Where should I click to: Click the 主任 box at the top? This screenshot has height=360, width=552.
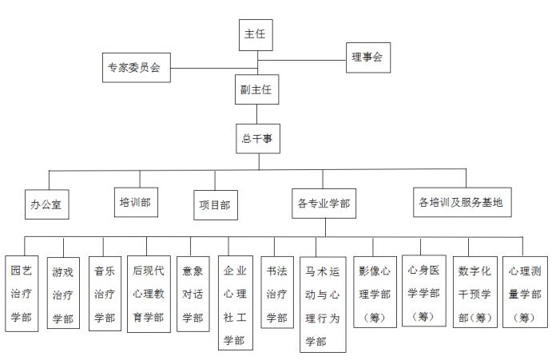point(256,35)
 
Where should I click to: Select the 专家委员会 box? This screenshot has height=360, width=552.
point(137,68)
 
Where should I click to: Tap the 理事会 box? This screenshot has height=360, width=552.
point(368,57)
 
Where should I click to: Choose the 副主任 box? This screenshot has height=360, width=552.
point(257,89)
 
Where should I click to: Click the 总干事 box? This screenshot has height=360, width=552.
point(258,139)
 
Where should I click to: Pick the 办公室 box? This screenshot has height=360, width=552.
point(47,204)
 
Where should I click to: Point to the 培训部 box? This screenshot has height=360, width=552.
point(136,202)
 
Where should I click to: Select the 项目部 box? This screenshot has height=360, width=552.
point(216,205)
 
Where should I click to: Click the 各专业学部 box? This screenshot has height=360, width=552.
point(324,204)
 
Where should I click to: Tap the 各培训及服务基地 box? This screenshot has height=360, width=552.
point(463,202)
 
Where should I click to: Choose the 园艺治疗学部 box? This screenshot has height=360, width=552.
point(22,294)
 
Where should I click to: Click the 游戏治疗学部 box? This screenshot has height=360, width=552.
point(63,293)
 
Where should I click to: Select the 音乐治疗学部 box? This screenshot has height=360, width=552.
point(105,294)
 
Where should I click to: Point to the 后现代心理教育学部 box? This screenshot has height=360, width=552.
point(149,295)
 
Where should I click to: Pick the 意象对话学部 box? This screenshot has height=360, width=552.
point(193,294)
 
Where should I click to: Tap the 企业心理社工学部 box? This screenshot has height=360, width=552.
point(236,303)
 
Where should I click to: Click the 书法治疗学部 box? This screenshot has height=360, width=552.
point(277,292)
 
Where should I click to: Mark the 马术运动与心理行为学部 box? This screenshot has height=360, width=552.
point(323,304)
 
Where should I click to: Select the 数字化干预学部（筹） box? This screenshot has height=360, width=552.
point(475,292)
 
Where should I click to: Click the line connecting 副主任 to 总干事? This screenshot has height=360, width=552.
point(256,114)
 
